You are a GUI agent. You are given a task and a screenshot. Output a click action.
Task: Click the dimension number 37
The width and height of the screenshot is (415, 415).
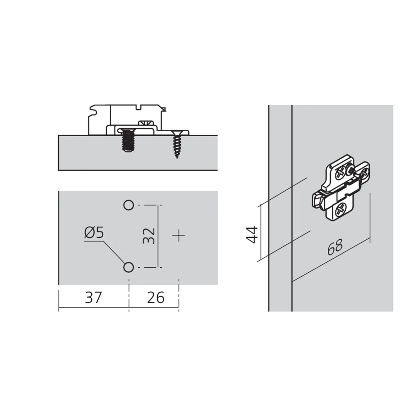click(x=93, y=298)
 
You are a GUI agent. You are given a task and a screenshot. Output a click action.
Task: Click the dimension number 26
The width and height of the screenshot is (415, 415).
click(x=156, y=298)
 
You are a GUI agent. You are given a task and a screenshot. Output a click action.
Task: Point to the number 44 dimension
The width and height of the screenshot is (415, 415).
click(x=251, y=234)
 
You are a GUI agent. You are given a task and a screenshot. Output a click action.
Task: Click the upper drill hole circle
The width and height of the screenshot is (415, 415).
click(x=129, y=205)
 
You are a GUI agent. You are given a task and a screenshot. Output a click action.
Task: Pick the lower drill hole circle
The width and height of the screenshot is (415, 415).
click(x=129, y=267)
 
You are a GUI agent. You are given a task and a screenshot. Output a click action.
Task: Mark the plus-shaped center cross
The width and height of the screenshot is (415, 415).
click(x=179, y=236)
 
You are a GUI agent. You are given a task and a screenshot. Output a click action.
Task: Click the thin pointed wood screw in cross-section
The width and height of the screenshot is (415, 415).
click(x=177, y=144)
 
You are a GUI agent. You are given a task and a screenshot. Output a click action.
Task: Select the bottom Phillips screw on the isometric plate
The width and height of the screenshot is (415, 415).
click(x=340, y=210)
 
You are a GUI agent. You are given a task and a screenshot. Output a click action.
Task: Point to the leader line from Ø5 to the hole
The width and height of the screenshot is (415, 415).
click(x=112, y=251)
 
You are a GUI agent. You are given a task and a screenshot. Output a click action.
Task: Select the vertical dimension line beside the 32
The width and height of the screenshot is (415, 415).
click(x=159, y=236)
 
